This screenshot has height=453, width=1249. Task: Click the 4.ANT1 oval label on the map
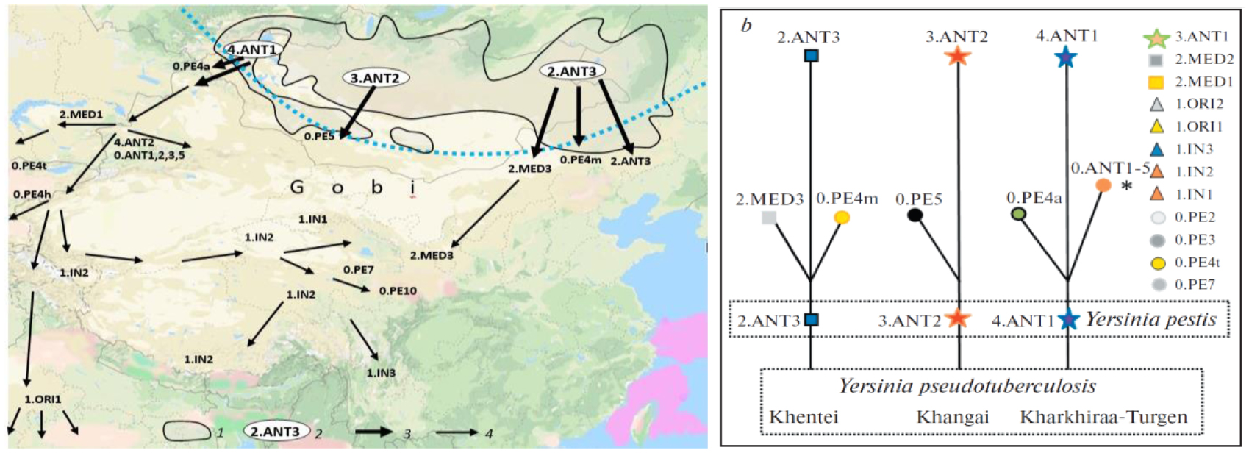tap(252, 49)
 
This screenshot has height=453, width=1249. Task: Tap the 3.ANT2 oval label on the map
tap(375, 77)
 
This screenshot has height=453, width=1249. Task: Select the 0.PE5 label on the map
tap(318, 136)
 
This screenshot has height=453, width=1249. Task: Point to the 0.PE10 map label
tap(398, 290)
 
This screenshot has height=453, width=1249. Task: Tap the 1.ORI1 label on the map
tap(43, 399)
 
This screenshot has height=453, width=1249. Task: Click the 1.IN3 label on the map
tap(381, 373)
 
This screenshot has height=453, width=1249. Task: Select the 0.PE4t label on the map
tap(29, 165)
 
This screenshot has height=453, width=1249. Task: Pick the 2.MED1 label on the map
tap(81, 115)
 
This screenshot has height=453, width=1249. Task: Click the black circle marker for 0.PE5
tap(915, 215)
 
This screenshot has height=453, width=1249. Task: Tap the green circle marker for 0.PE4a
tap(1018, 214)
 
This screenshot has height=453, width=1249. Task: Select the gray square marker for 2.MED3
tap(769, 217)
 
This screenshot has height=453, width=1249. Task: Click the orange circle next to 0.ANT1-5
tap(1103, 185)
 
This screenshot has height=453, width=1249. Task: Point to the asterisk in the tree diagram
tap(1126, 186)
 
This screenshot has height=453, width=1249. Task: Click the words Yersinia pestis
tap(1150, 319)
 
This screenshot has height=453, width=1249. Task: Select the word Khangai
tap(952, 417)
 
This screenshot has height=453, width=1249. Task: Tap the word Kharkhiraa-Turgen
tap(1103, 417)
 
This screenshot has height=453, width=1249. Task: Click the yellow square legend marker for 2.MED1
tap(1156, 82)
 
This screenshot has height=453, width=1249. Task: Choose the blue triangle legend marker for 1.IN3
tap(1157, 149)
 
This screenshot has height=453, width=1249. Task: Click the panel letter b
tap(746, 26)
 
